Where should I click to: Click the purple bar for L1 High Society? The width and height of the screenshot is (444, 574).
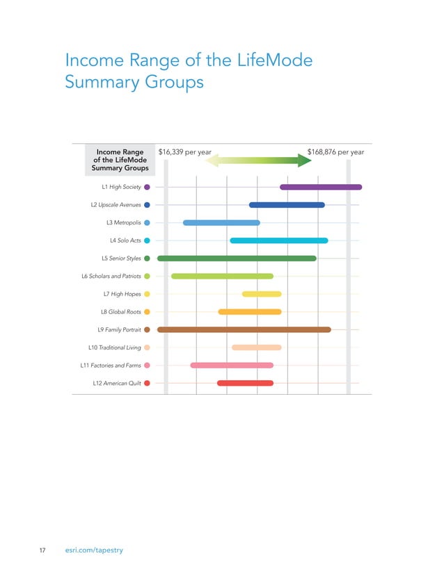pyautogui.click(x=321, y=187)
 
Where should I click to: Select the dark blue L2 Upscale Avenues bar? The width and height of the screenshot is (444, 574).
pyautogui.click(x=287, y=205)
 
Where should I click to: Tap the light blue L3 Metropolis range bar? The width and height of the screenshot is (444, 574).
pyautogui.click(x=221, y=222)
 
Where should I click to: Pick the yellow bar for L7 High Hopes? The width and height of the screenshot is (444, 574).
pyautogui.click(x=262, y=294)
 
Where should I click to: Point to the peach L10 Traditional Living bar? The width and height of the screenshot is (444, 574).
pyautogui.click(x=257, y=347)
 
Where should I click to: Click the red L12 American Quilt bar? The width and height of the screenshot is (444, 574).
pyautogui.click(x=245, y=383)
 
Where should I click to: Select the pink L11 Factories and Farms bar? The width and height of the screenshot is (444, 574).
pyautogui.click(x=232, y=366)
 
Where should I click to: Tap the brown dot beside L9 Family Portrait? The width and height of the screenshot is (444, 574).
pyautogui.click(x=147, y=329)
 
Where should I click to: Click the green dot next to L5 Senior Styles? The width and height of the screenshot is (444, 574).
pyautogui.click(x=147, y=259)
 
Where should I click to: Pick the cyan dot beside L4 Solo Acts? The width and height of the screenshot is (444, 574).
pyautogui.click(x=147, y=240)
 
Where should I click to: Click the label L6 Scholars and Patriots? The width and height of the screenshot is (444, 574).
pyautogui.click(x=111, y=277)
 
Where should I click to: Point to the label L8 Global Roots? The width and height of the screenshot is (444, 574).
pyautogui.click(x=121, y=312)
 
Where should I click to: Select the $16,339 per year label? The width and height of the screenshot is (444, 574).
pyautogui.click(x=185, y=152)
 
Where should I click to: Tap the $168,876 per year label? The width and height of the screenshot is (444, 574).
pyautogui.click(x=335, y=152)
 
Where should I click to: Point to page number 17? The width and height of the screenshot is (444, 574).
pyautogui.click(x=41, y=550)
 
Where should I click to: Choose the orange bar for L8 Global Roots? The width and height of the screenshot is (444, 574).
pyautogui.click(x=250, y=312)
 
